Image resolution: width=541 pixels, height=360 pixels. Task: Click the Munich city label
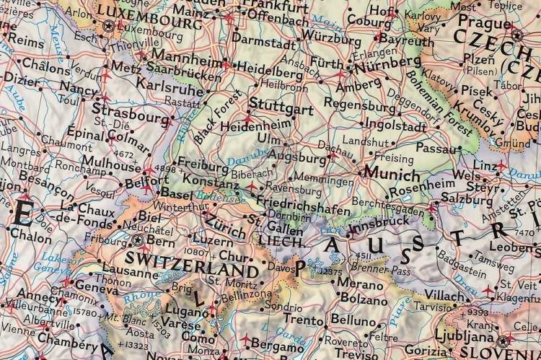(x=392, y=175)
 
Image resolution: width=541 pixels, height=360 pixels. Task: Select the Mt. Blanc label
(x=121, y=316)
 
